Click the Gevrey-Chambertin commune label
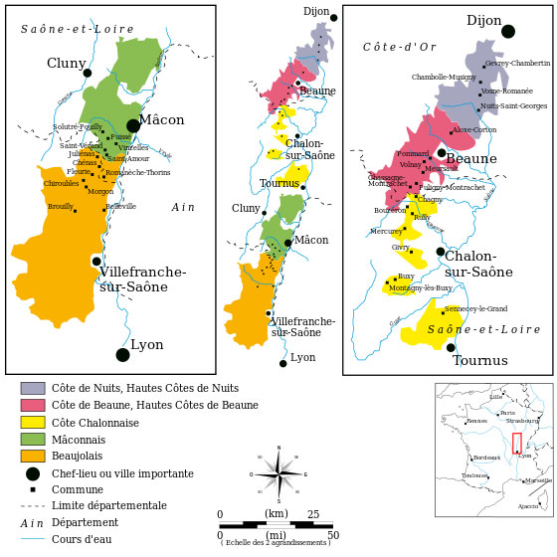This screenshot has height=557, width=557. [x=516, y=64]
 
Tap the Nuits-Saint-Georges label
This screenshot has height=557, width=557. [x=513, y=105]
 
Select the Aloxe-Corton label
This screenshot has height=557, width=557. [x=475, y=130]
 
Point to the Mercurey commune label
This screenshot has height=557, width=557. [x=386, y=231]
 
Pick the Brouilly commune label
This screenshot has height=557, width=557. [x=61, y=206]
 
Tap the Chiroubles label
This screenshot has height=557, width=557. [x=61, y=183]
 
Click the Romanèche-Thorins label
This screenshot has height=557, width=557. [x=138, y=172]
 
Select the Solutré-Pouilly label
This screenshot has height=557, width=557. [x=77, y=126]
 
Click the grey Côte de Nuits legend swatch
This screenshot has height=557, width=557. [x=33, y=388]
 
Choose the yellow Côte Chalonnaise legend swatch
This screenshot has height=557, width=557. [x=33, y=422]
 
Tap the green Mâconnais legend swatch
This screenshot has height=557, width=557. [x=33, y=439]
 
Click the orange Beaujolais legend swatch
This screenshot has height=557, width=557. [x=33, y=456]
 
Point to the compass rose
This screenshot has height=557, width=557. [x=278, y=474]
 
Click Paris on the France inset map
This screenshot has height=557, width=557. [x=507, y=413]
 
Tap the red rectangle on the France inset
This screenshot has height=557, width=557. [x=517, y=444]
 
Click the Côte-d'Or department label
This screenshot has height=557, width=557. [x=399, y=47]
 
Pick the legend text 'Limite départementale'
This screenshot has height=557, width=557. [x=109, y=505]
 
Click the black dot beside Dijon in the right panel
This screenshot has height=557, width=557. [x=508, y=32]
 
